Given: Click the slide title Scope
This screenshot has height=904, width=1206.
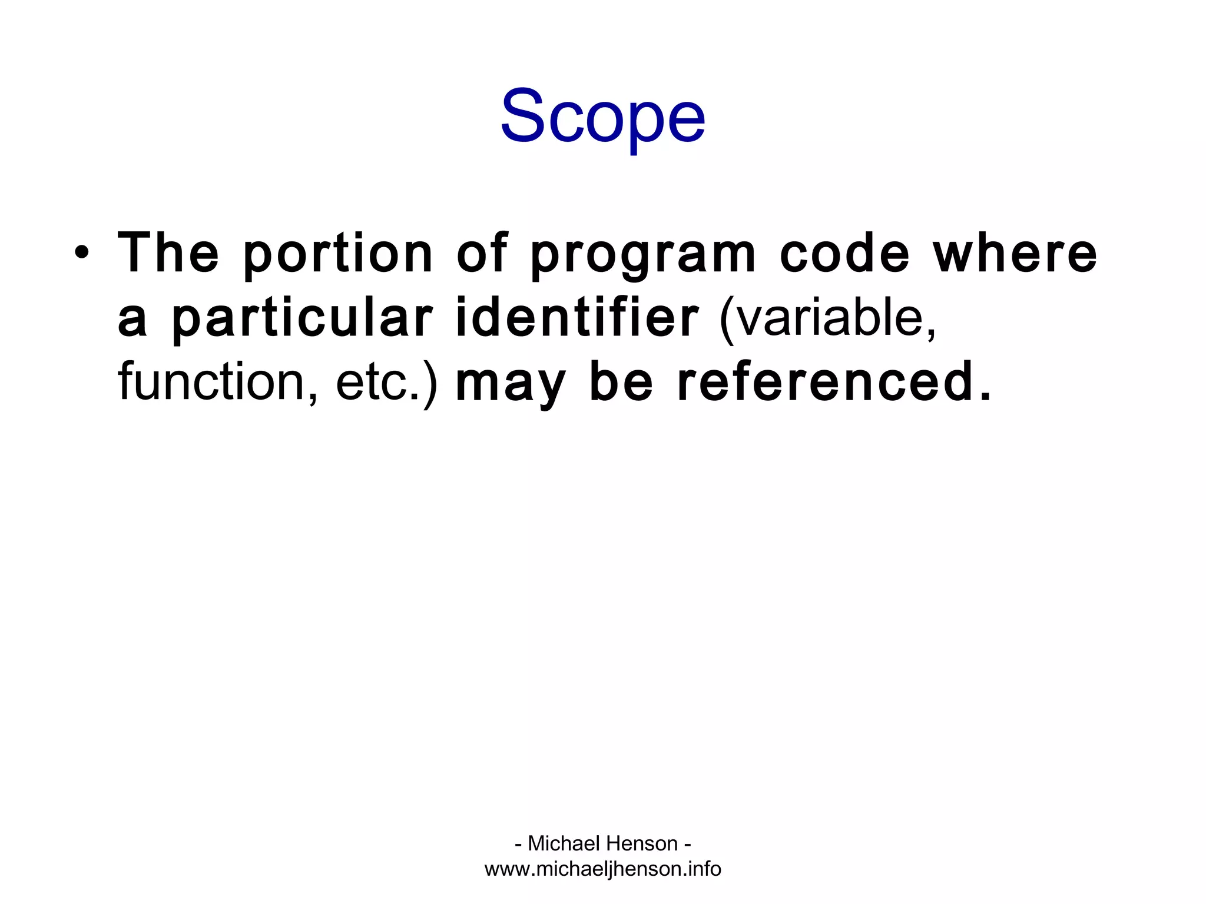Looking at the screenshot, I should [602, 117].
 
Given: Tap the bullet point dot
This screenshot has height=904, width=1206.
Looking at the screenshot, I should [82, 254].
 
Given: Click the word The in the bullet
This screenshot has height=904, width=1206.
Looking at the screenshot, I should [168, 254].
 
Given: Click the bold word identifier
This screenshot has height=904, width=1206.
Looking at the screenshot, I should [578, 318].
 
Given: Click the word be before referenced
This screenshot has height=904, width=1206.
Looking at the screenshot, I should [621, 383].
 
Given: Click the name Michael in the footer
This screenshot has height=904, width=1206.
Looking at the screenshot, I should [565, 843].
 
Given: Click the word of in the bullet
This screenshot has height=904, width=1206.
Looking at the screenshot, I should [482, 254].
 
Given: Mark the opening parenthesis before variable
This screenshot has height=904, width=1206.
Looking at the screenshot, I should [728, 321].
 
